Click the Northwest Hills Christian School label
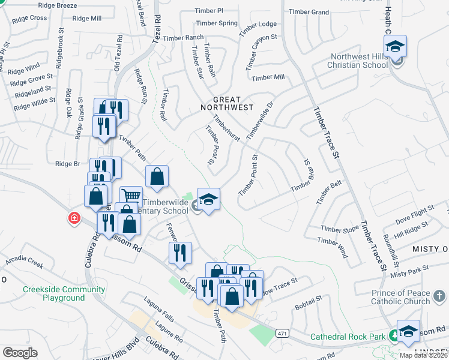pyautogui.click(x=359, y=61)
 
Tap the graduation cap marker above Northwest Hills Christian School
pyautogui.click(x=396, y=46)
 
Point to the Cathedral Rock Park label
pyautogui.click(x=348, y=337)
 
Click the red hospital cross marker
pyautogui.click(x=74, y=217)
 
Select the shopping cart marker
pyautogui.click(x=131, y=196)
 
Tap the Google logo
pyautogui.click(x=20, y=353)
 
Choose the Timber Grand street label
pyautogui.click(x=309, y=12)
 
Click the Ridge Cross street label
pyautogui.click(x=29, y=18)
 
